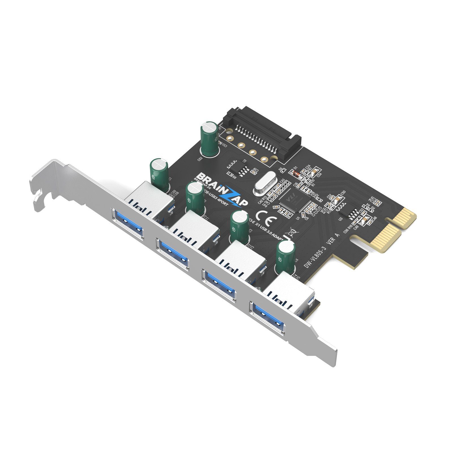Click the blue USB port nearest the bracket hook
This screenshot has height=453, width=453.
pyautogui.click(x=128, y=223)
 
